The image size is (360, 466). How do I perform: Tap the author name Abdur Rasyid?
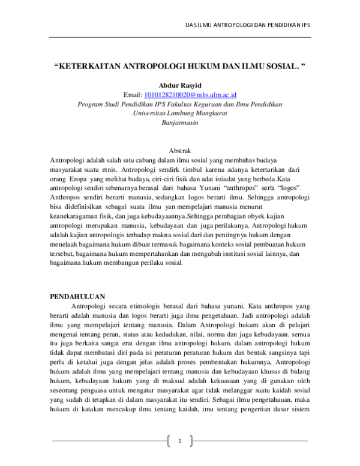pyautogui.click(x=179, y=85)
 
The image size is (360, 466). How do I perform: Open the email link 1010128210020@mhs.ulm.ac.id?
pyautogui.click(x=191, y=95)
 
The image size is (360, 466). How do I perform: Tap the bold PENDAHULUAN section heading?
pyautogui.click(x=77, y=297)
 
